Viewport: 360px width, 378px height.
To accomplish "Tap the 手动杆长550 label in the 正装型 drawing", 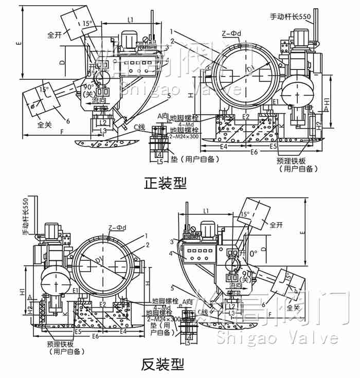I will coord(291,16).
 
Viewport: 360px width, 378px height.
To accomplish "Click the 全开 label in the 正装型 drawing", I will coord(54,35).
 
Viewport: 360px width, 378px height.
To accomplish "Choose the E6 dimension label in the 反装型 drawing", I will coord(96,336).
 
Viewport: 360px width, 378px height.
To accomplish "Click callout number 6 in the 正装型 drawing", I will coord(67,120).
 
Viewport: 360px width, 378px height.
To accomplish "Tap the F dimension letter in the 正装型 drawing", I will coord(62,132).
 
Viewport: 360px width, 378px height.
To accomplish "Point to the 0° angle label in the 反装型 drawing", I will coord(253,254).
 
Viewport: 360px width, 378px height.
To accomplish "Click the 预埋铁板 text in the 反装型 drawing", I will coord(61,344).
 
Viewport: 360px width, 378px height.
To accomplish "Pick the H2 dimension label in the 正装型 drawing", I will coord(319,124).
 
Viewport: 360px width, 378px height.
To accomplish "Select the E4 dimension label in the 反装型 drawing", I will coord(123,332).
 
